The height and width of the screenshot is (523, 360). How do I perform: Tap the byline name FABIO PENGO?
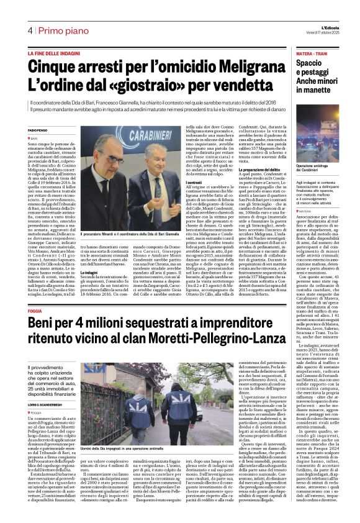click(38, 129)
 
